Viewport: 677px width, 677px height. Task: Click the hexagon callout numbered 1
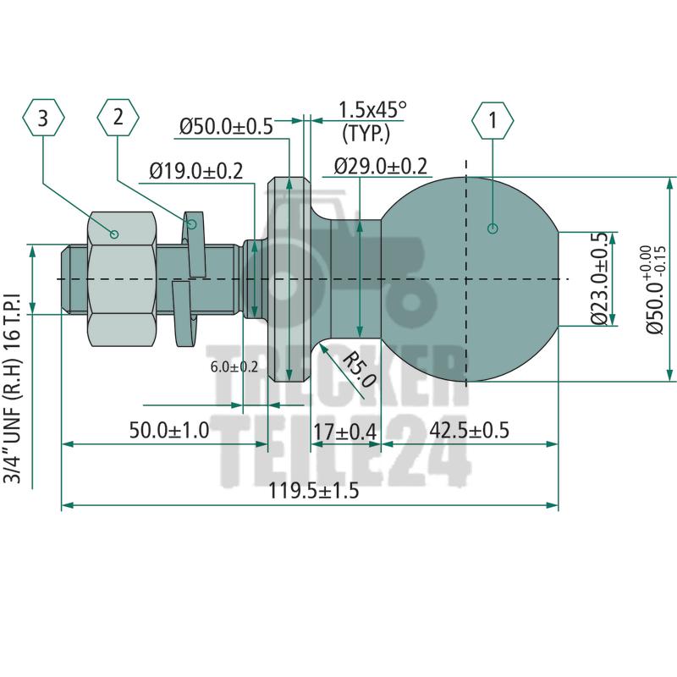click(493, 120)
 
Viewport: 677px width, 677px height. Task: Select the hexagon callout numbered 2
click(118, 118)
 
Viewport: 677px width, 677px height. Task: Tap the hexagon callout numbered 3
click(43, 118)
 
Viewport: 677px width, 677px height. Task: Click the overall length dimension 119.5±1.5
click(314, 491)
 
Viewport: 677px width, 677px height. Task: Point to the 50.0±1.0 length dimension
click(169, 430)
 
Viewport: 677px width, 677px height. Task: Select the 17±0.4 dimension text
click(345, 432)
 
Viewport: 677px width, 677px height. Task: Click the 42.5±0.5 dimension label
click(470, 430)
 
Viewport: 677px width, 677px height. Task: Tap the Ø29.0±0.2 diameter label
click(381, 166)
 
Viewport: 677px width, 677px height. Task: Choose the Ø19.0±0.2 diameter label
click(196, 171)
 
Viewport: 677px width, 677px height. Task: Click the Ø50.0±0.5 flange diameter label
click(226, 126)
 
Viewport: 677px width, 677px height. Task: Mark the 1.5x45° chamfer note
click(372, 110)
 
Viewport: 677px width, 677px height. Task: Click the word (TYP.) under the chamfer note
click(366, 134)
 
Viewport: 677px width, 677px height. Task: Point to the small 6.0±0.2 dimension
click(234, 367)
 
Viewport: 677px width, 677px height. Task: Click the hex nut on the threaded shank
click(121, 279)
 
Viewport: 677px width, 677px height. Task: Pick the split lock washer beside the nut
click(188, 279)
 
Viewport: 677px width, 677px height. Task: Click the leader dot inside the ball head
click(493, 228)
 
